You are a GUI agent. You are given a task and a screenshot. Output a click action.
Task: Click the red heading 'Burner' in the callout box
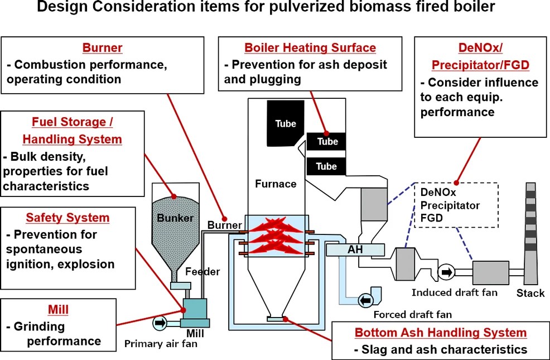pyautogui.click(x=102, y=48)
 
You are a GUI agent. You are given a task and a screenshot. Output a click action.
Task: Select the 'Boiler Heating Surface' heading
pyautogui.click(x=310, y=48)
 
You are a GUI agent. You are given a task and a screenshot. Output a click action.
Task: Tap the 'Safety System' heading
pyautogui.click(x=67, y=218)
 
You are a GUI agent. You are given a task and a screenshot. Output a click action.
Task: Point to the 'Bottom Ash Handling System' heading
pyautogui.click(x=441, y=333)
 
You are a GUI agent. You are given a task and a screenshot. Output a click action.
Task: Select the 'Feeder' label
pyautogui.click(x=202, y=272)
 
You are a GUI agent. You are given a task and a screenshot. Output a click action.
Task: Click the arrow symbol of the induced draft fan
pyautogui.click(x=446, y=273)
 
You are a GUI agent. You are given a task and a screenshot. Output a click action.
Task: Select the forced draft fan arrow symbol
pyautogui.click(x=366, y=301)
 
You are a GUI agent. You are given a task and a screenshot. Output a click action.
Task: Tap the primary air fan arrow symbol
pyautogui.click(x=160, y=322)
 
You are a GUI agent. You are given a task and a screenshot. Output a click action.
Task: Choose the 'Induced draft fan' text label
pyautogui.click(x=454, y=292)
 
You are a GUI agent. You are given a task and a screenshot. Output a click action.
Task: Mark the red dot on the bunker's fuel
pyautogui.click(x=174, y=196)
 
